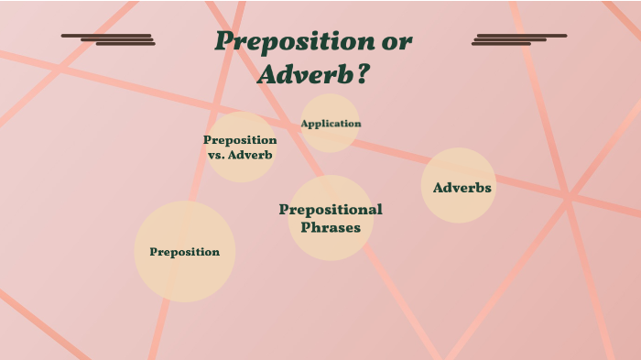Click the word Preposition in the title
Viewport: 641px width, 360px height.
tap(287, 42)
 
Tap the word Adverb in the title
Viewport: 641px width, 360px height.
tap(303, 74)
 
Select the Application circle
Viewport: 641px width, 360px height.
tap(331, 123)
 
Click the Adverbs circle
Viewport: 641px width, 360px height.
tap(459, 186)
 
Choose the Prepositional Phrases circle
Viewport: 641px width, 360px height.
tap(331, 218)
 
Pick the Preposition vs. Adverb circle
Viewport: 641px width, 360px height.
tap(241, 147)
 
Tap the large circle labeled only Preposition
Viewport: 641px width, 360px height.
tap(185, 252)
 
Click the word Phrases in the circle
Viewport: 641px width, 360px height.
tap(331, 227)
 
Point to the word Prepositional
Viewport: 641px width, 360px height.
tap(331, 210)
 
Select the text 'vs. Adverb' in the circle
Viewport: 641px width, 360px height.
tap(241, 155)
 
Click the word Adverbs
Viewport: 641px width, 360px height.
tap(462, 188)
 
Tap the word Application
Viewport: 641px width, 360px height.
tap(331, 124)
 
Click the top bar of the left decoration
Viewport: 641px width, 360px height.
tap(106, 36)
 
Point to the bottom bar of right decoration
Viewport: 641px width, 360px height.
tap(502, 44)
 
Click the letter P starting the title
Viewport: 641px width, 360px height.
tap(223, 42)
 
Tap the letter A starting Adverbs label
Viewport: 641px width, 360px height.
tap(439, 188)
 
